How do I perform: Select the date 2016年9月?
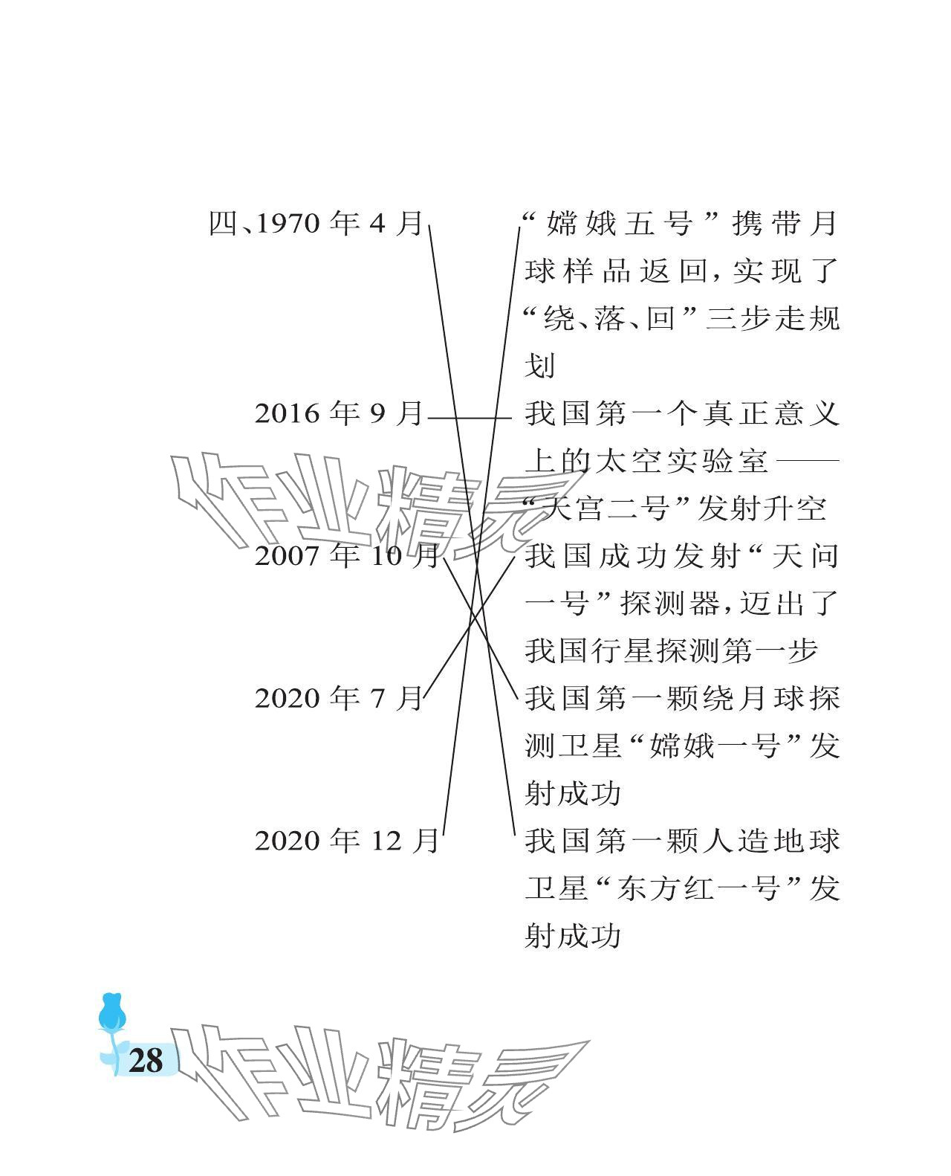click(x=339, y=414)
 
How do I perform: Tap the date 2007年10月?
click(x=346, y=556)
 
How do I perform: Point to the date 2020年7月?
click(x=339, y=699)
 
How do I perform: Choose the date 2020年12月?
click(x=346, y=841)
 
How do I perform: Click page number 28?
click(x=145, y=1059)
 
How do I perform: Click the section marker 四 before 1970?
click(x=222, y=224)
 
